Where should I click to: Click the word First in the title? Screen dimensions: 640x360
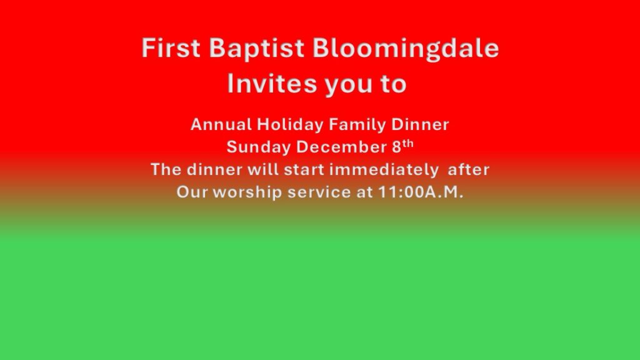tap(171, 47)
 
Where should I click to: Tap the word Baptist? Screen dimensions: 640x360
tap(257, 49)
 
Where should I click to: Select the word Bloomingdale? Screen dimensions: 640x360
tap(406, 49)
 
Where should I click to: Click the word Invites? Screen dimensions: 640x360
tap(272, 83)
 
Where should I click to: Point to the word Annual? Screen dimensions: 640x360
tap(221, 124)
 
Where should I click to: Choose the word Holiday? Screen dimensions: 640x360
tap(290, 125)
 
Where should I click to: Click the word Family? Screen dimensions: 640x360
tap(357, 125)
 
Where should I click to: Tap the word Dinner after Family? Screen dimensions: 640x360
tap(420, 124)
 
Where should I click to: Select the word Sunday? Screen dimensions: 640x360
tap(258, 147)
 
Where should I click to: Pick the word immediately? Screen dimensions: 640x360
tap(384, 170)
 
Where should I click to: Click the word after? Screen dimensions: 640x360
tap(469, 169)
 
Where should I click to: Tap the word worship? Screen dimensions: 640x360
tap(247, 192)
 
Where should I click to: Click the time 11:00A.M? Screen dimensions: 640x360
tap(421, 192)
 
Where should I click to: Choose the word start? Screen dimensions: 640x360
tap(304, 169)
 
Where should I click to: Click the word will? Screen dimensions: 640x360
tap(263, 169)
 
